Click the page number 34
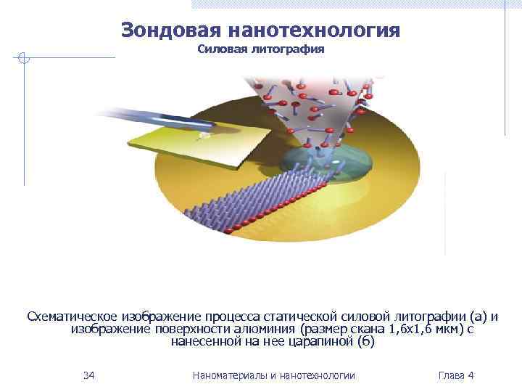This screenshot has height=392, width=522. (x=89, y=375)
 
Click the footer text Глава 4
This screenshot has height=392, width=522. (x=456, y=375)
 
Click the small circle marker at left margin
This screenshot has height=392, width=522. (x=24, y=58)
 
